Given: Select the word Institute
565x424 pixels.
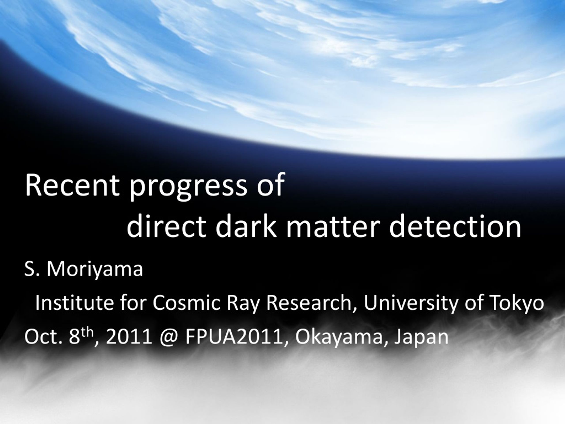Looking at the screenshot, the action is [x=74, y=303].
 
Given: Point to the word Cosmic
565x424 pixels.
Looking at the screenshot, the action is [x=186, y=303].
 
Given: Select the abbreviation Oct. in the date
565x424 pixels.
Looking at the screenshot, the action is [x=43, y=337].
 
